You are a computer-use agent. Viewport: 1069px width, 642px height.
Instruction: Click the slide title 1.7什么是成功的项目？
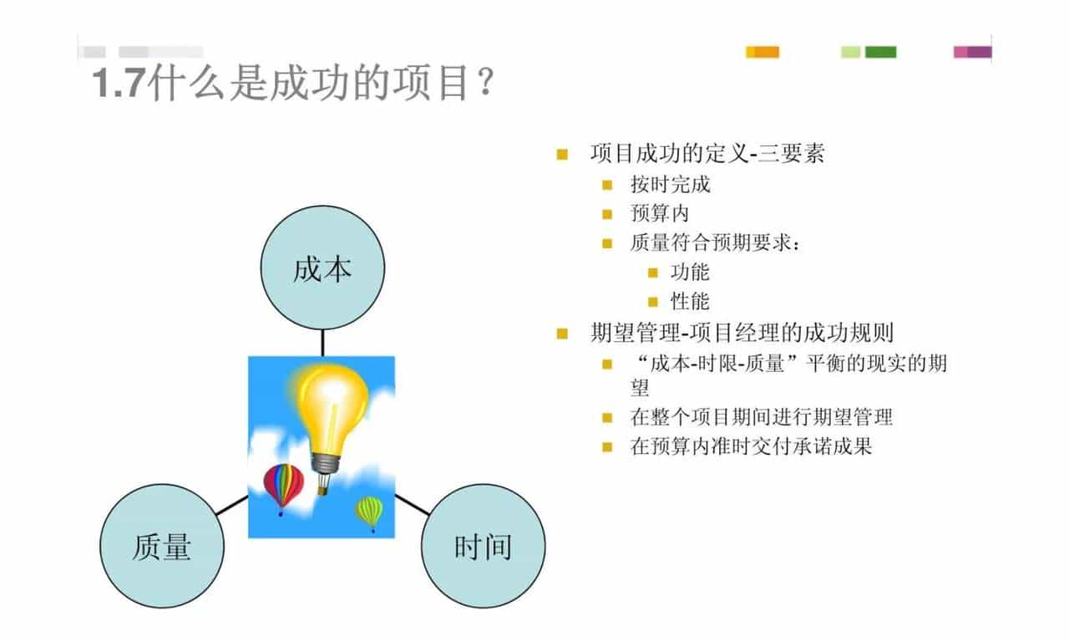293,84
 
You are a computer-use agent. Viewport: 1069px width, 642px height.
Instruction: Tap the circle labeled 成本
322,268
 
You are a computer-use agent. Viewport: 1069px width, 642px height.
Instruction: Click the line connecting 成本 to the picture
322,343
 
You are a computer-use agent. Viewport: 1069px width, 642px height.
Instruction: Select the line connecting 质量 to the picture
232,505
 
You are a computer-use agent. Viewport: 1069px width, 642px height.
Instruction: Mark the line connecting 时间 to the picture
412,503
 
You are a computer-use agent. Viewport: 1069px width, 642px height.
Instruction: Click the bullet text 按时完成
670,184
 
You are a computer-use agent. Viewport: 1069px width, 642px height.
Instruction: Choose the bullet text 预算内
660,213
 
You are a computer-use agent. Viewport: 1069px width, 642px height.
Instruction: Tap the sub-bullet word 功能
690,272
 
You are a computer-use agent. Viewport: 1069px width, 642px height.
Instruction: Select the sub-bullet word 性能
690,301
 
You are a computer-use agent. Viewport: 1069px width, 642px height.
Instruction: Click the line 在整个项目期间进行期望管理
762,416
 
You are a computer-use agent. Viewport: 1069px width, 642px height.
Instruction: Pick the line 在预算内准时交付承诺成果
751,446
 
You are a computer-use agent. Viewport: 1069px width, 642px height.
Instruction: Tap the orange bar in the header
762,52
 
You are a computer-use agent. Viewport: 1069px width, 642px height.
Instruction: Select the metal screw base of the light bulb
325,462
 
